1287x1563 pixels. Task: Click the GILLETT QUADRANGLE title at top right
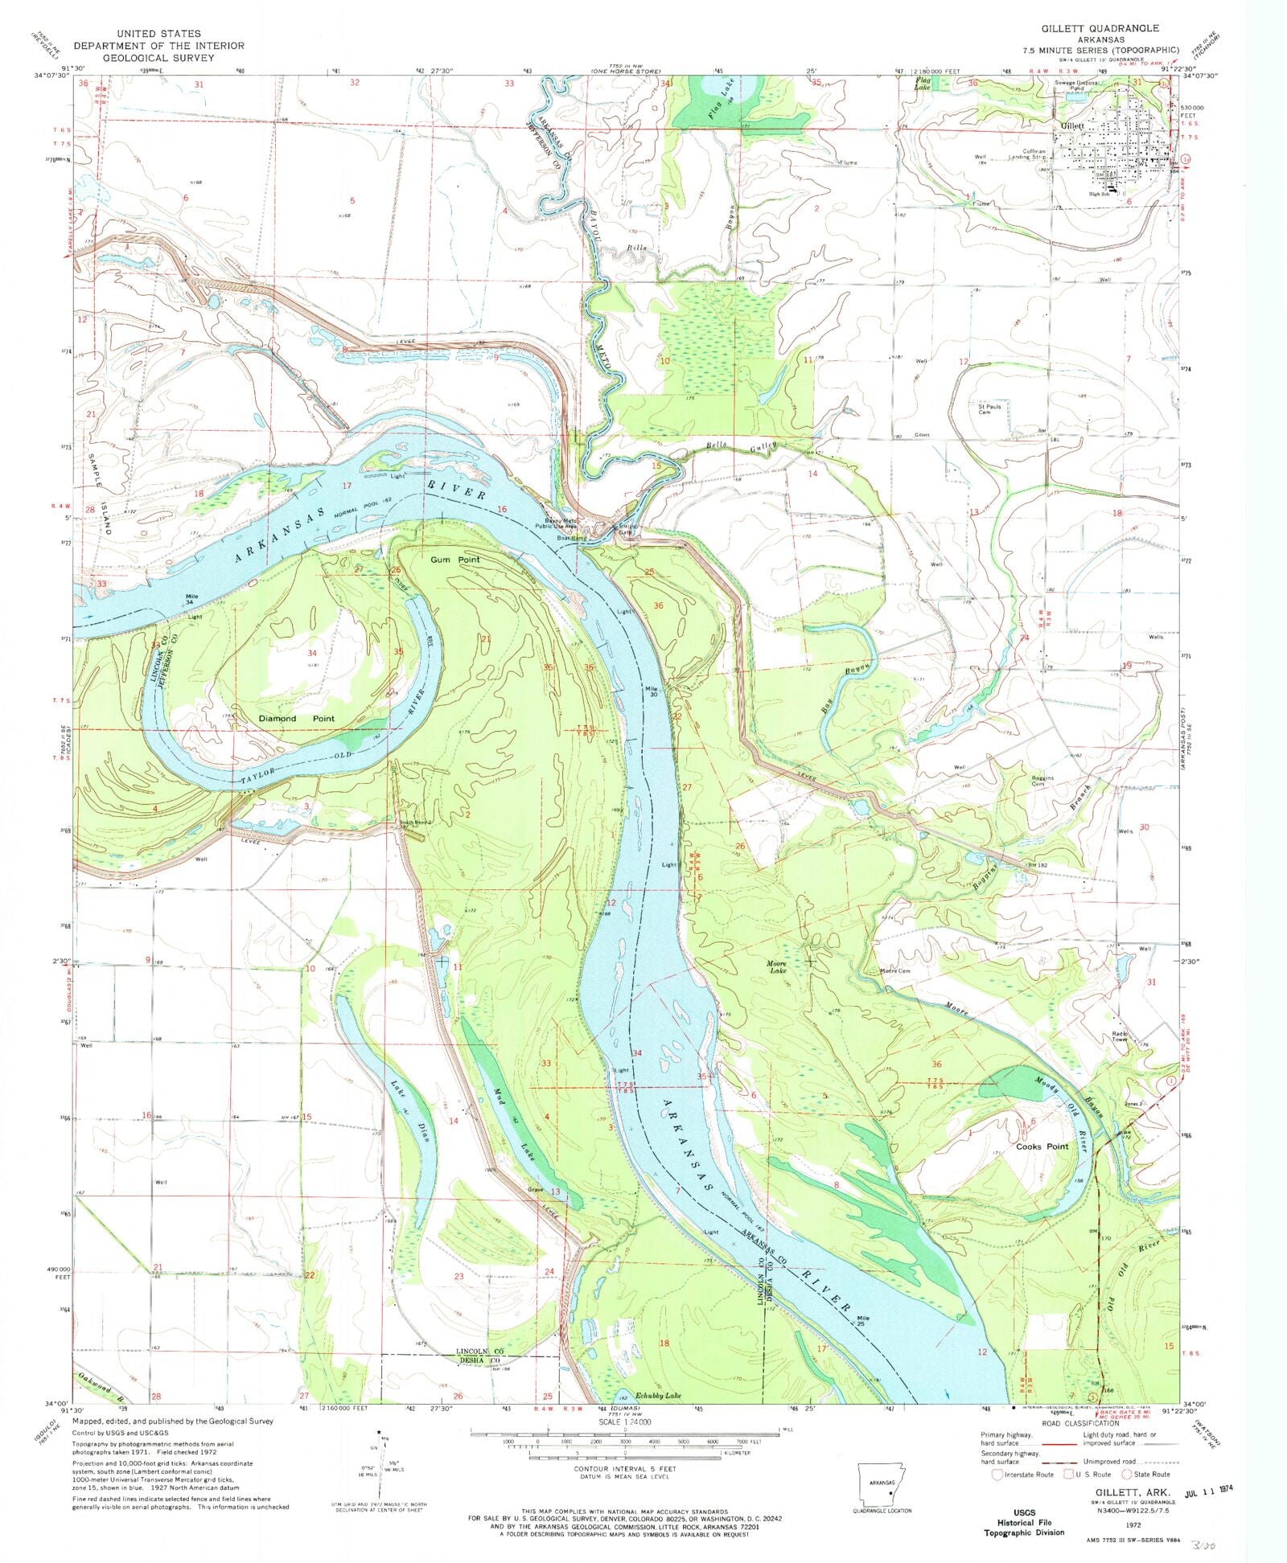pos(1100,28)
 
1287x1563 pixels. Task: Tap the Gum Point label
pos(454,560)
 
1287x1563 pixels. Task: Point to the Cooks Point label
pos(1042,1147)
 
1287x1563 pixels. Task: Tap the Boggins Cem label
pos(1043,781)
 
